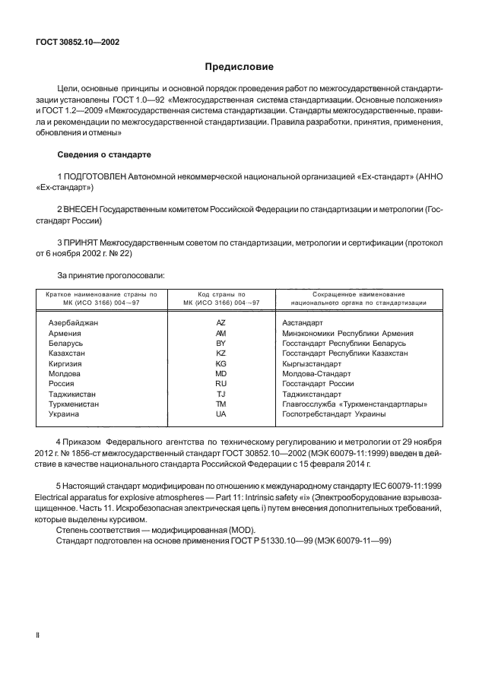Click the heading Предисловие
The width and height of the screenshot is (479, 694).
coord(239,67)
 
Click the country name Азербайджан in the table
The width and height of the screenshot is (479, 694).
coord(73,323)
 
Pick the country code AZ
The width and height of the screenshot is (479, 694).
coord(220,323)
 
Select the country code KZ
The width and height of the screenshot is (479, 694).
coord(220,353)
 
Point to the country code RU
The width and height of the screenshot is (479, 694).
coord(220,384)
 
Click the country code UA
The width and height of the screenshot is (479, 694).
coord(220,414)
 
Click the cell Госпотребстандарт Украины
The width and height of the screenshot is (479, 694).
coord(333,414)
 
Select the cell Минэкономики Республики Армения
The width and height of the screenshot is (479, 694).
coord(347,333)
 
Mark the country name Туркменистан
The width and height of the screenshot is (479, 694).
coord(75,404)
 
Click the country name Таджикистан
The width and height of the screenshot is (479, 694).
coord(73,395)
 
